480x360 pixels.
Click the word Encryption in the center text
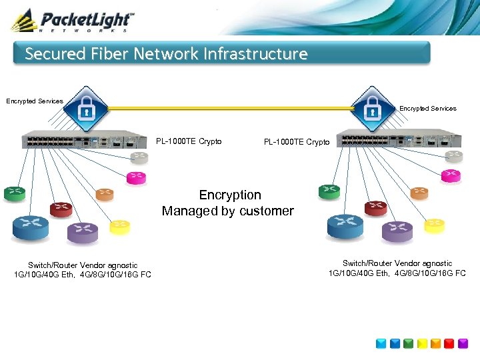(x=230, y=195)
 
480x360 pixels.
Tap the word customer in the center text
(x=267, y=211)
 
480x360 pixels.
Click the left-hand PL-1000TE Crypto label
(x=189, y=141)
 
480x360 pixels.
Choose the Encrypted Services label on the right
(x=427, y=109)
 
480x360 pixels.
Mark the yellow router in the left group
(x=119, y=227)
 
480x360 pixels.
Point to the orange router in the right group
(x=419, y=193)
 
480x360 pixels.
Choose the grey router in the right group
(x=453, y=156)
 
